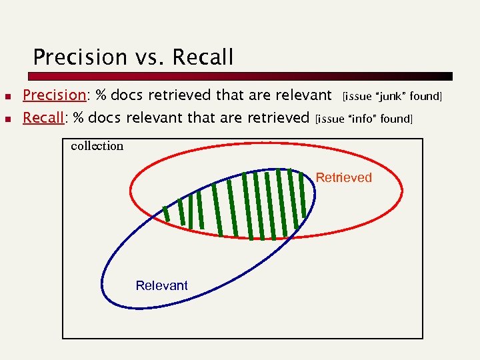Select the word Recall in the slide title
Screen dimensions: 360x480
coord(203,57)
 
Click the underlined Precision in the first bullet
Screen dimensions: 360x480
coord(55,96)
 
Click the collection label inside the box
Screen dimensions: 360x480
coord(97,146)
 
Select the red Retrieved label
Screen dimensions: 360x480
coord(343,177)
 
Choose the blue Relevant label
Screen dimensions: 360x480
coord(161,285)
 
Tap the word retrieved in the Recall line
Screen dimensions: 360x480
coord(280,119)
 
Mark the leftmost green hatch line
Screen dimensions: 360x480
coord(166,214)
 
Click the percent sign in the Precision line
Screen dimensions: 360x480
coord(102,96)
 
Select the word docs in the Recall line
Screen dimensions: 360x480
coord(105,119)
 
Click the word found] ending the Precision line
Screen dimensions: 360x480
coord(426,97)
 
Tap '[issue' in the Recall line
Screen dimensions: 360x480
coord(330,119)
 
